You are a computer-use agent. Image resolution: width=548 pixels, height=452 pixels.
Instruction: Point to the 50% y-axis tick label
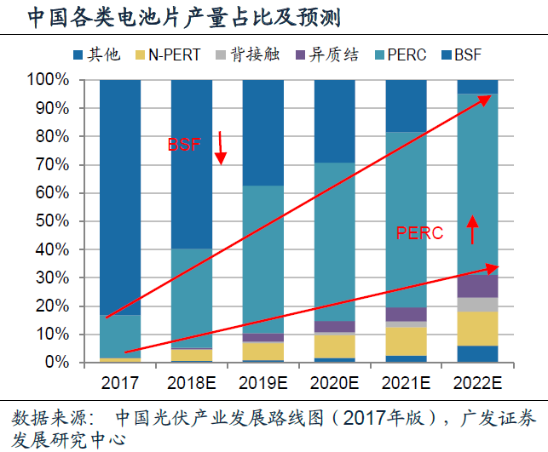click(x=53, y=221)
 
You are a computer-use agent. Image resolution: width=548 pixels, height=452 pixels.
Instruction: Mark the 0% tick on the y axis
click(x=56, y=363)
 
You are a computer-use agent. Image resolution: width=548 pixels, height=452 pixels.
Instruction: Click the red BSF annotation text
click(x=184, y=146)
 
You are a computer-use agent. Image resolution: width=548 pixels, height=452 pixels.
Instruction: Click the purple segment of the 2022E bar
click(x=478, y=286)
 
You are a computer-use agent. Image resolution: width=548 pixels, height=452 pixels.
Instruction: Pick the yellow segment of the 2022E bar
click(x=478, y=329)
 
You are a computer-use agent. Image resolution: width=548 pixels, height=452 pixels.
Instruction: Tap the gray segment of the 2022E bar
click(x=478, y=304)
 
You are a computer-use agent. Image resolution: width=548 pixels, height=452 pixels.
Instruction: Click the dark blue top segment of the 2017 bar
click(x=120, y=196)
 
